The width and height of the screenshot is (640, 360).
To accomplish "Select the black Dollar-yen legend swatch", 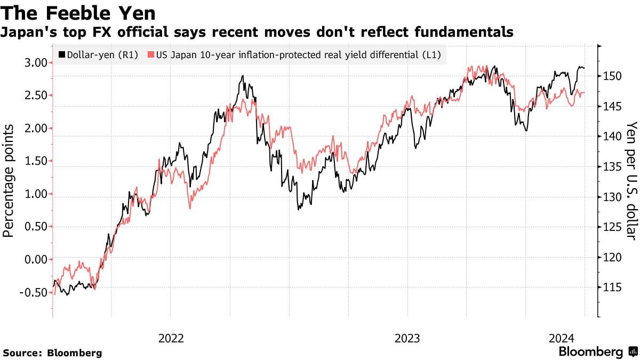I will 62,55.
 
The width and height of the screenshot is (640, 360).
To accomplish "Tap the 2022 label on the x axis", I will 171,338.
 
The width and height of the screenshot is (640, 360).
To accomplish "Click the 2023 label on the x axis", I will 407,338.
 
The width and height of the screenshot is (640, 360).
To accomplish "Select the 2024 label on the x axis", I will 561,338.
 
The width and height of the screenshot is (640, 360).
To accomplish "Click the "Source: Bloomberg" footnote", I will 52,353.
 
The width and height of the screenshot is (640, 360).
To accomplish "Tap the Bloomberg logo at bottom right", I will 598,352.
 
